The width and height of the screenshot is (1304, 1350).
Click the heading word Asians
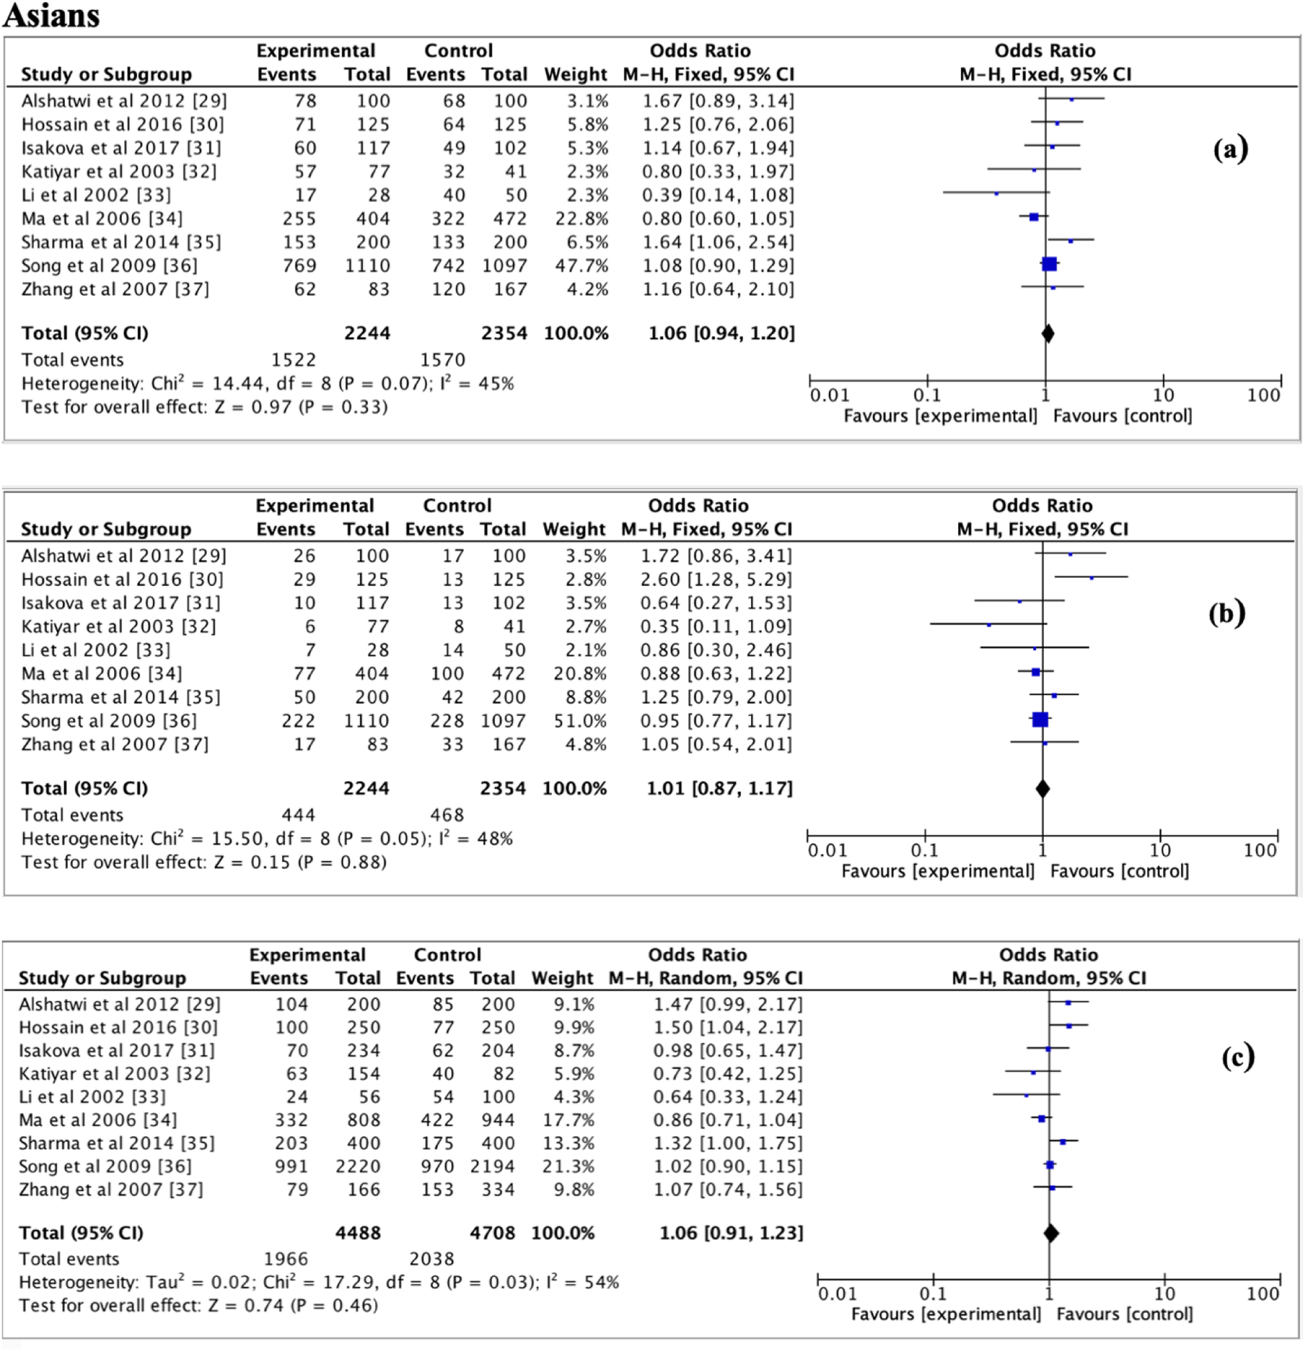[52, 15]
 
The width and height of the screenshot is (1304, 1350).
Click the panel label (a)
[1230, 149]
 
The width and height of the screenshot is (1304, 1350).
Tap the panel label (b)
[1227, 613]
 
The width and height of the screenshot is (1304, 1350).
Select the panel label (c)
[1238, 1057]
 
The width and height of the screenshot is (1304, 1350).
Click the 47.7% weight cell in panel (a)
[582, 265]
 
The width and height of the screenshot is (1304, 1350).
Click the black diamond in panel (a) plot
[1048, 333]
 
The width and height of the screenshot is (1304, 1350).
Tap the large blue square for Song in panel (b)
[1040, 720]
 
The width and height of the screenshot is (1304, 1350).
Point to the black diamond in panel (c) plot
[1051, 1233]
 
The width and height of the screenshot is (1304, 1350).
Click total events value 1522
[294, 359]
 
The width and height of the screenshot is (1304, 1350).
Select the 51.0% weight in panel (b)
[580, 721]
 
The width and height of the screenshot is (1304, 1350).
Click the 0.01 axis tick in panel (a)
[830, 395]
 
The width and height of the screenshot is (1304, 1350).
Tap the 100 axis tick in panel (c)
[1262, 1294]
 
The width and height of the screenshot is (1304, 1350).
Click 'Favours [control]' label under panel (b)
[1120, 871]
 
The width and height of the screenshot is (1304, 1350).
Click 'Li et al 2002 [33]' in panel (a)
[96, 195]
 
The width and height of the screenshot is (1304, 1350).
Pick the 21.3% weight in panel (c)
[569, 1166]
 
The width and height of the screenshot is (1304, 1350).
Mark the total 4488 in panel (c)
[358, 1233]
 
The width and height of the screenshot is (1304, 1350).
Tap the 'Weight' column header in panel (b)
[574, 529]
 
